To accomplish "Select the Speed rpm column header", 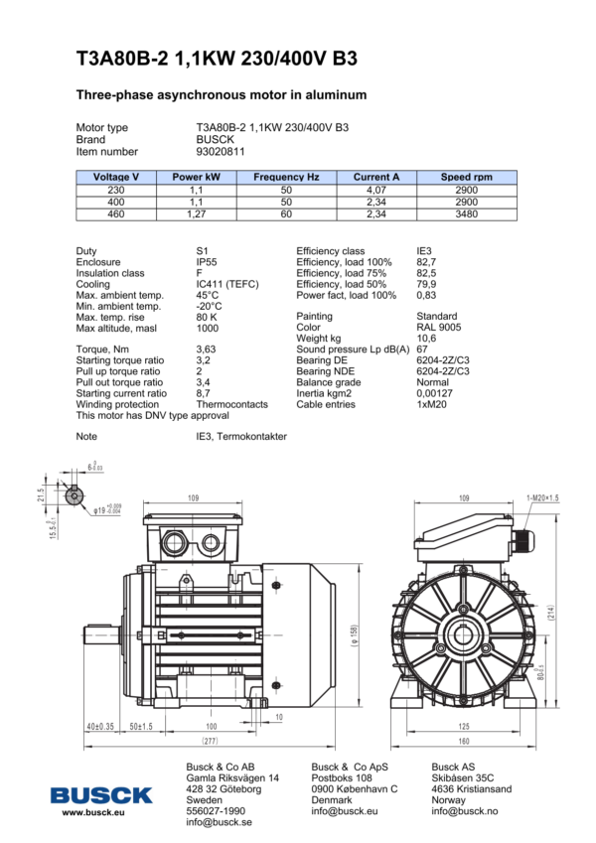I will [x=466, y=177].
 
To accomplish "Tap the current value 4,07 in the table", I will [x=375, y=189].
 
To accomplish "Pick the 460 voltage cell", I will [x=116, y=212].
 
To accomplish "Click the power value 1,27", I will [x=196, y=212].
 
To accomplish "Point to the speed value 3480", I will [x=466, y=212].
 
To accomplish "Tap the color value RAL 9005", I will [x=439, y=327].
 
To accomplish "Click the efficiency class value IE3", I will [x=424, y=251].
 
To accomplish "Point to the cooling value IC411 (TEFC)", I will [x=227, y=284].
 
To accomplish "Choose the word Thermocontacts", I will [x=232, y=404].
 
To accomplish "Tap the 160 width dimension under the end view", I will [x=463, y=741].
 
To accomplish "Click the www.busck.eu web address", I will [x=92, y=812].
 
